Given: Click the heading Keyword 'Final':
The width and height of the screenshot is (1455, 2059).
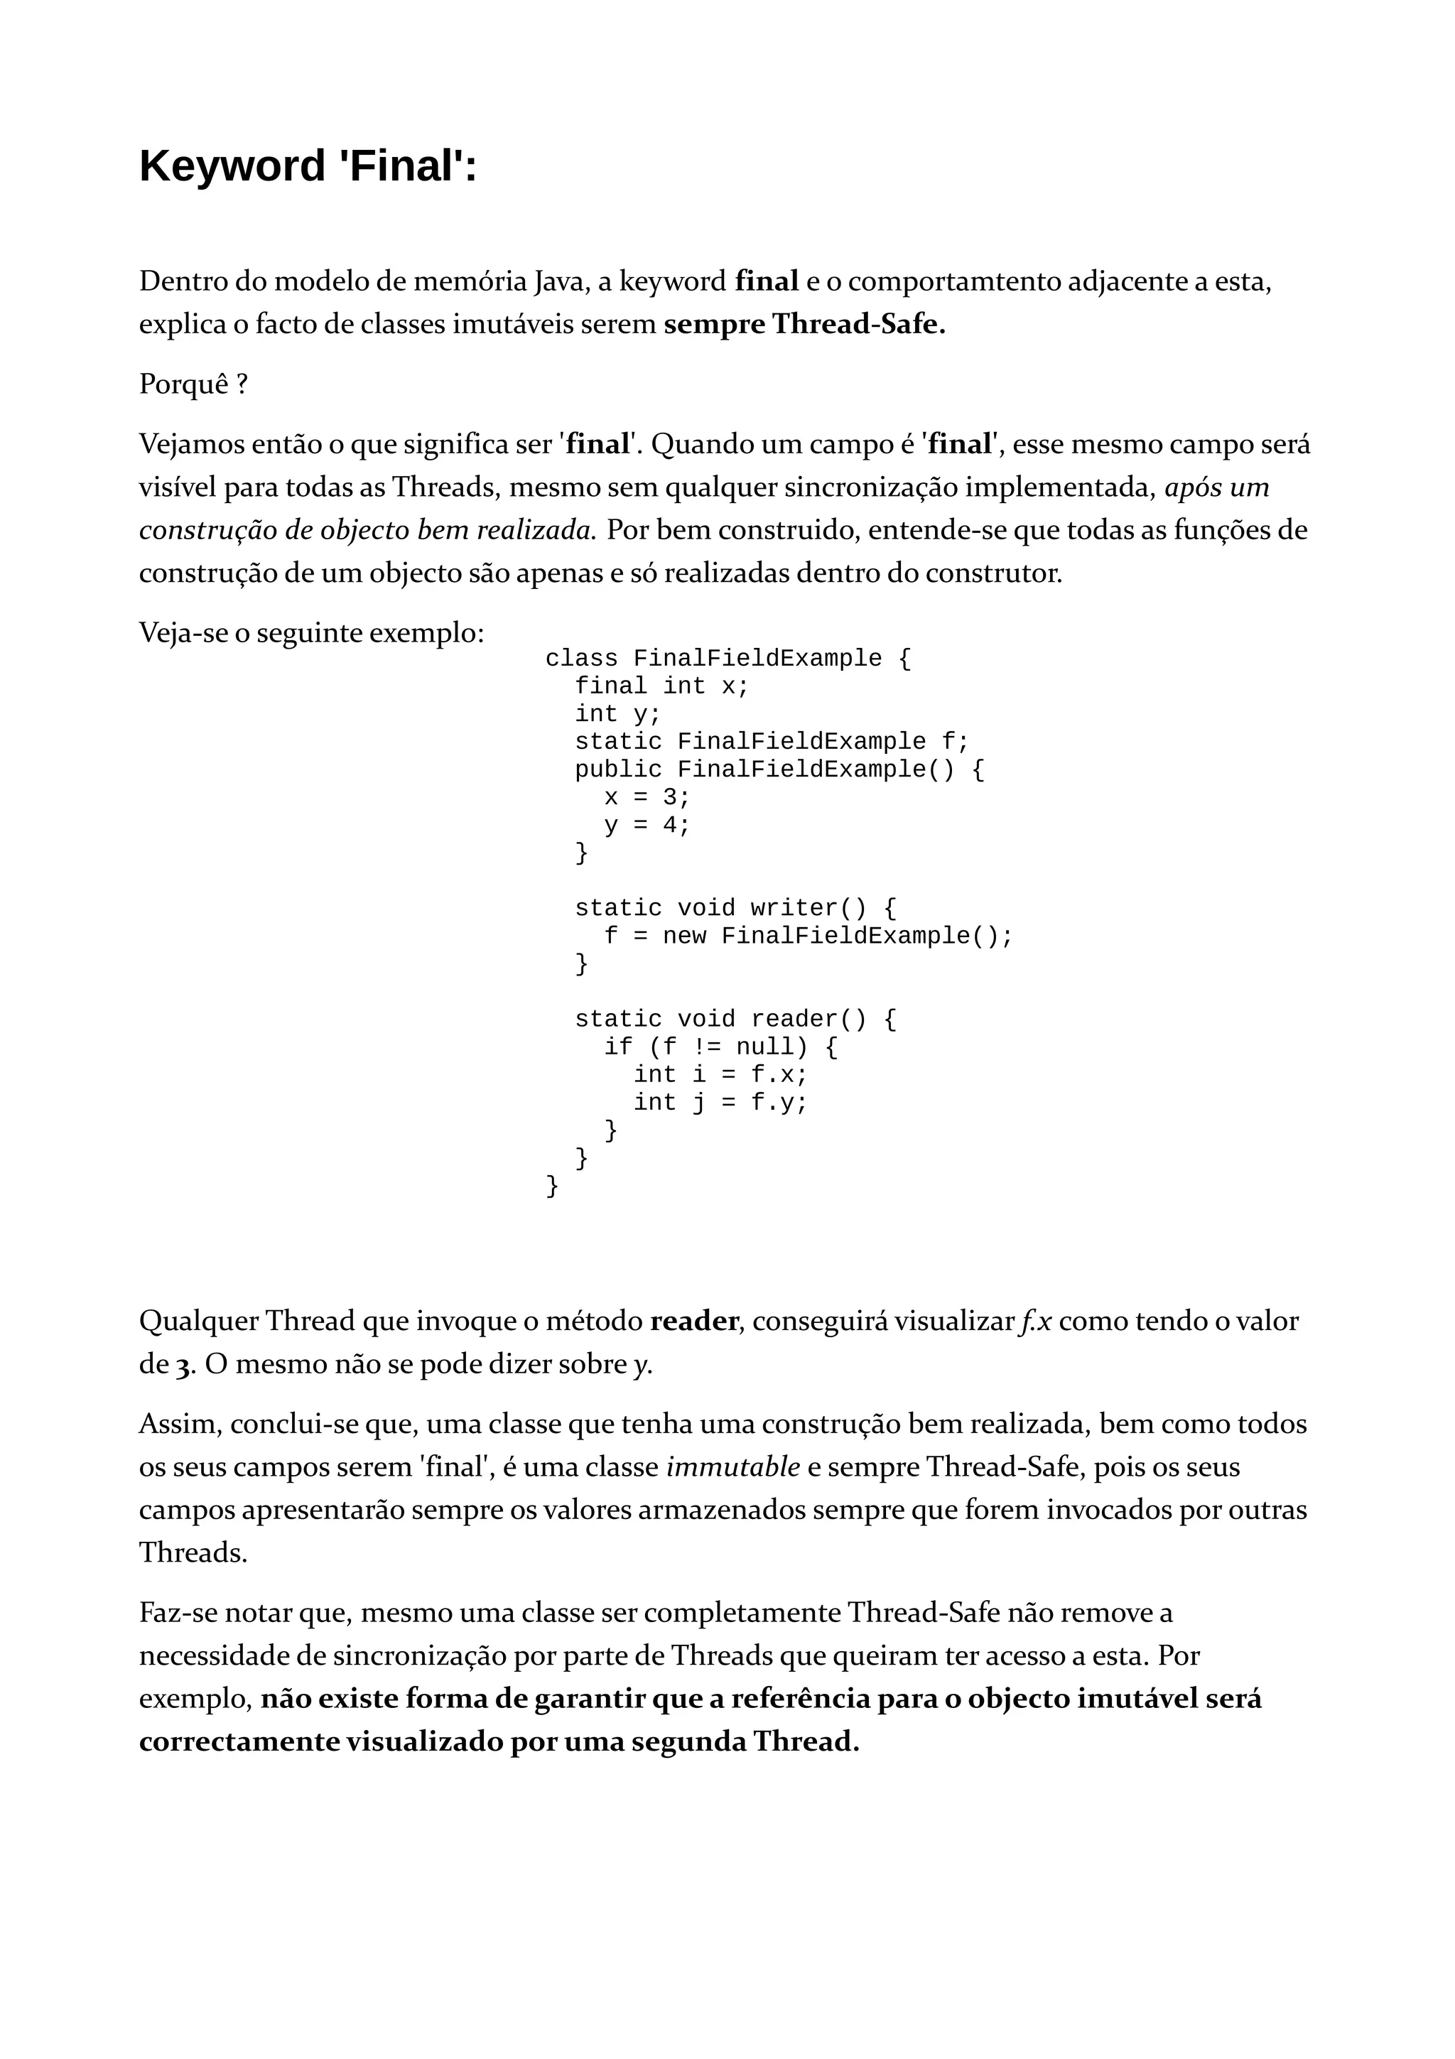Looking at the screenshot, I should (x=308, y=167).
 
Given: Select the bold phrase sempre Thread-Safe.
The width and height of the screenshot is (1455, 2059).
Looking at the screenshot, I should (x=804, y=324).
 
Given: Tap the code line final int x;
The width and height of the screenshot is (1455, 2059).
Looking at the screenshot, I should (x=661, y=686).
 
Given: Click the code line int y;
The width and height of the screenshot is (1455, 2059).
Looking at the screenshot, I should (x=617, y=714).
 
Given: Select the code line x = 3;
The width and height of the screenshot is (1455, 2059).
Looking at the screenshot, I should (x=647, y=797).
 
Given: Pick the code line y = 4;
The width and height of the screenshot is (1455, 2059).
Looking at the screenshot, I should (x=647, y=825).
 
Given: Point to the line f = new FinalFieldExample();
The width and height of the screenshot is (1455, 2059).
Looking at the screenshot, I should (x=808, y=936).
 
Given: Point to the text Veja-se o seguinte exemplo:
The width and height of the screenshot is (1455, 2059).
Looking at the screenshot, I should (x=311, y=633).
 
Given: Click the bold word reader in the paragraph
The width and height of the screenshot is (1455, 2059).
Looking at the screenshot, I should (x=694, y=1321).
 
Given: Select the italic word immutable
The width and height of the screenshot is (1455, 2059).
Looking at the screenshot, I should (x=732, y=1468).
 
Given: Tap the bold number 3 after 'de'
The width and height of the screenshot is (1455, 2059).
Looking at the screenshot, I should (x=183, y=1366).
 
